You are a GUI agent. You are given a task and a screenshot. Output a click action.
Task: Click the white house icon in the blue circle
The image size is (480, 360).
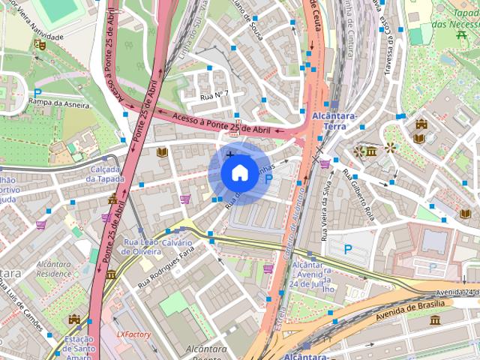point(238,172)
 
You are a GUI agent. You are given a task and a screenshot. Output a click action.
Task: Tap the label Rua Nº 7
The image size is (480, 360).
point(214,96)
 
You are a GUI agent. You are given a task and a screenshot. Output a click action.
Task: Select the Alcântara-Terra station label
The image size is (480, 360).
point(323,120)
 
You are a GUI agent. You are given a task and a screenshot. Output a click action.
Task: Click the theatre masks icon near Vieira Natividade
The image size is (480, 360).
point(40,44)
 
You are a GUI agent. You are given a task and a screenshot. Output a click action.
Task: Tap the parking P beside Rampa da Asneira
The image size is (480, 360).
point(37,93)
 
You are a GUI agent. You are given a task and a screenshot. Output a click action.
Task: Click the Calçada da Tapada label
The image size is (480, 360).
point(104,174)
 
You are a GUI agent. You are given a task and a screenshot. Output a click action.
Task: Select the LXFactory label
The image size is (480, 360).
point(133,334)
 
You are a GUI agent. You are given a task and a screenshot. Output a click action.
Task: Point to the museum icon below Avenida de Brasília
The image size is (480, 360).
point(435,320)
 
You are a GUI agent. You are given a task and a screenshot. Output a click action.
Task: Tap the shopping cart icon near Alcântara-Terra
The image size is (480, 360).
point(325,163)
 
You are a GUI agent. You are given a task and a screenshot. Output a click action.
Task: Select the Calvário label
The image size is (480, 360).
point(177,243)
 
